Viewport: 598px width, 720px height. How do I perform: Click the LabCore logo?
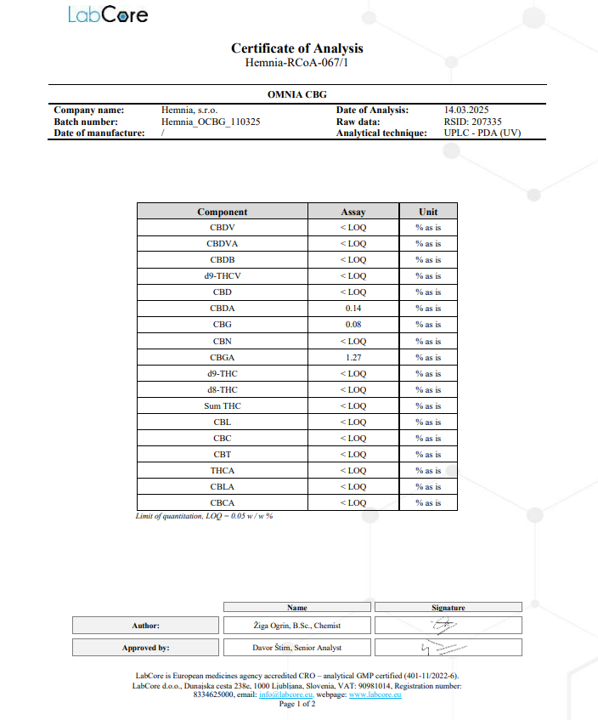point(108,15)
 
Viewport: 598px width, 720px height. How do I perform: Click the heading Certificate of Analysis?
point(297,48)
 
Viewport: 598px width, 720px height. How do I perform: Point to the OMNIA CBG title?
point(297,94)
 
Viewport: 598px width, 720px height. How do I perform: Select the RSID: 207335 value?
point(473,122)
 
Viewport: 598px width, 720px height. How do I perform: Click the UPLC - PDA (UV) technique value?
point(482,133)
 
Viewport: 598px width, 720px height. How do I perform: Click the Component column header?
point(223,212)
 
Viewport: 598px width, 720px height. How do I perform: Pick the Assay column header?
point(353,212)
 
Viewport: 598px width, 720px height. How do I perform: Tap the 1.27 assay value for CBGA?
point(353,357)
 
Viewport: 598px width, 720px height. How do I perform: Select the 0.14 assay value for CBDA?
point(353,309)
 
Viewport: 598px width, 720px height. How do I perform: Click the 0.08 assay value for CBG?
point(353,325)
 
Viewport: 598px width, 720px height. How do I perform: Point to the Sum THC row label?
point(223,406)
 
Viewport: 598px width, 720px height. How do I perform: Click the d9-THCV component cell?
point(223,276)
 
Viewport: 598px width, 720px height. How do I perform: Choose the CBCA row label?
point(223,503)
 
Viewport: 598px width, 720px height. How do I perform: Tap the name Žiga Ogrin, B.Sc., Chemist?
point(297,626)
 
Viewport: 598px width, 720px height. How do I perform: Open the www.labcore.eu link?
point(375,694)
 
